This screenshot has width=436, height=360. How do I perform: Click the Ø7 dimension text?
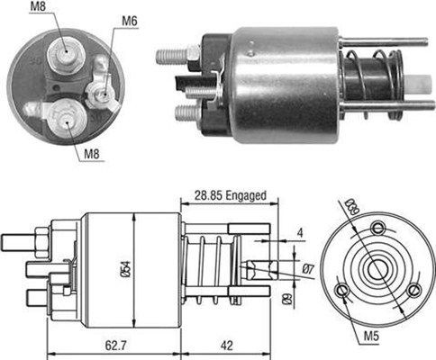(307, 270)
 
